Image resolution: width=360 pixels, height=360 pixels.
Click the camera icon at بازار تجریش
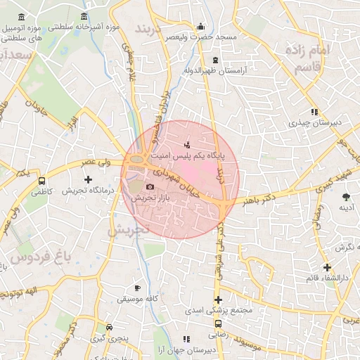click(150, 186)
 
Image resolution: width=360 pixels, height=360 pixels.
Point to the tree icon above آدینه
click(345, 197)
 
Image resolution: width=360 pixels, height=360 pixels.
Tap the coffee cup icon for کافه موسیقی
click(137, 288)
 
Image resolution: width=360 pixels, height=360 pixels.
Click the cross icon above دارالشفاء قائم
click(327, 267)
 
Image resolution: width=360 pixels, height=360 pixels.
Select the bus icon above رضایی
click(218, 323)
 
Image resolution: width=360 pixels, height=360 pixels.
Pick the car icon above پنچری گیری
click(109, 328)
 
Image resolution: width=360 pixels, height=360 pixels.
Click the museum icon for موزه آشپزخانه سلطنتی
click(84, 17)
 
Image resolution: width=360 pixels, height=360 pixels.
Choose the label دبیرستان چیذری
click(314, 122)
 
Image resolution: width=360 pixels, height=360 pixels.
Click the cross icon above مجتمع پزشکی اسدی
click(219, 300)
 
